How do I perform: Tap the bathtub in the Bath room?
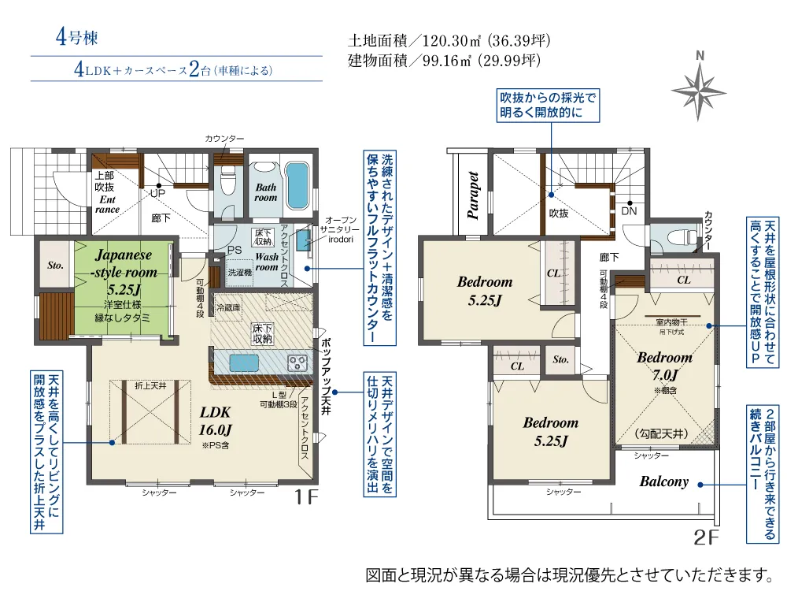[297, 182]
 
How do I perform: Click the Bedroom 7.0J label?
[664, 365]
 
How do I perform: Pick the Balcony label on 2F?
[663, 481]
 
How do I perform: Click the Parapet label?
[473, 193]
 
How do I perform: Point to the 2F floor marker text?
[707, 538]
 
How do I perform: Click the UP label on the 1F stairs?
[157, 193]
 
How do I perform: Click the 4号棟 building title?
[76, 38]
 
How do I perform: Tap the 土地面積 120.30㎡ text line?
[449, 40]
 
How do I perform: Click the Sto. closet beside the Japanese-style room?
[55, 266]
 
